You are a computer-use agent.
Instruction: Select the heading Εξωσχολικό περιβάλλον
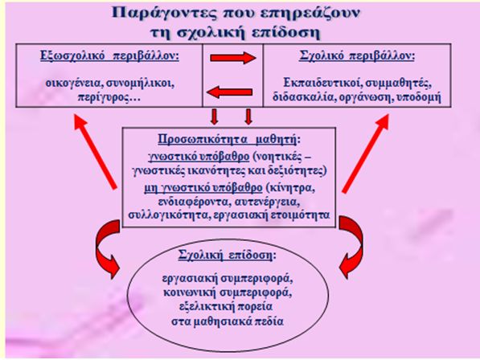(x=109, y=56)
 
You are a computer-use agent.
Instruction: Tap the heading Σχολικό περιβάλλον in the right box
(x=357, y=56)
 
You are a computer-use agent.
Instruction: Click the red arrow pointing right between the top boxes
(x=233, y=58)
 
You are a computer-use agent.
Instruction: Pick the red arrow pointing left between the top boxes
(x=230, y=92)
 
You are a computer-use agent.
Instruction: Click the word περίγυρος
(x=105, y=97)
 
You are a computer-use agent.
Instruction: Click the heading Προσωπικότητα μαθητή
(x=227, y=140)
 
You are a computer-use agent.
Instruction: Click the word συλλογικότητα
(x=167, y=215)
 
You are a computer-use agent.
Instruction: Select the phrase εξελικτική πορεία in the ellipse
(x=226, y=307)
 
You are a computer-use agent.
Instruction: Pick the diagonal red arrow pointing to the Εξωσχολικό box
(x=95, y=151)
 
